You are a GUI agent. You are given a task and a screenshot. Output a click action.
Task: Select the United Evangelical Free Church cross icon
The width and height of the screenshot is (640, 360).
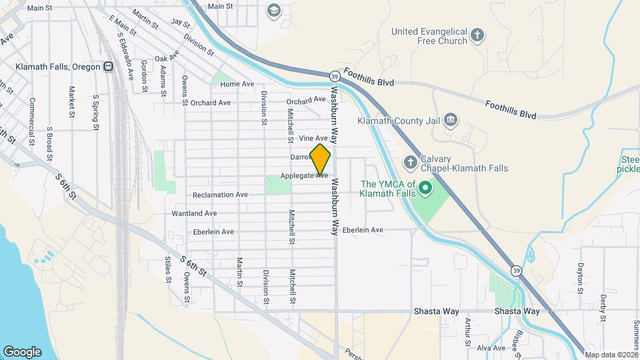[477, 35]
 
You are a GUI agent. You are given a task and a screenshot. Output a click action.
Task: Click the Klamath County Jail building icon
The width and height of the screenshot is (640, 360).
[451, 120]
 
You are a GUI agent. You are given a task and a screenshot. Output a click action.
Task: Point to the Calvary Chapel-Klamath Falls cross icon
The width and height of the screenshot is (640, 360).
[410, 162]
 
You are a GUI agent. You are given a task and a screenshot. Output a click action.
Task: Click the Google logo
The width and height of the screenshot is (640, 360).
[22, 351]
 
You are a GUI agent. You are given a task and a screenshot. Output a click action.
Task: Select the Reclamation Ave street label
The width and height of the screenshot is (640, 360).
[220, 195]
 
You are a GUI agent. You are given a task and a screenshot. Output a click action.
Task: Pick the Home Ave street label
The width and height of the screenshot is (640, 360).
[237, 84]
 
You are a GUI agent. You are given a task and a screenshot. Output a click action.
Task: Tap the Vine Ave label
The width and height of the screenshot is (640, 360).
[313, 138]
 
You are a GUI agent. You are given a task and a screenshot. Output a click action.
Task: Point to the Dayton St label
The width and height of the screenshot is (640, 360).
[581, 274]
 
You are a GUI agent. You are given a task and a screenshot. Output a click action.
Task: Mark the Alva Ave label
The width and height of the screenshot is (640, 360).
[491, 348]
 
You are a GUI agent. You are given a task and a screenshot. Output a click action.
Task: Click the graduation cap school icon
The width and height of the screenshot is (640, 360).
[273, 10]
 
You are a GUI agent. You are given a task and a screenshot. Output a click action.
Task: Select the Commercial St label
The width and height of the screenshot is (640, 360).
[31, 113]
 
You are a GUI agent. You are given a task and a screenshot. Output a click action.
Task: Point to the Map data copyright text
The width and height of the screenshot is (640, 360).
[610, 353]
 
